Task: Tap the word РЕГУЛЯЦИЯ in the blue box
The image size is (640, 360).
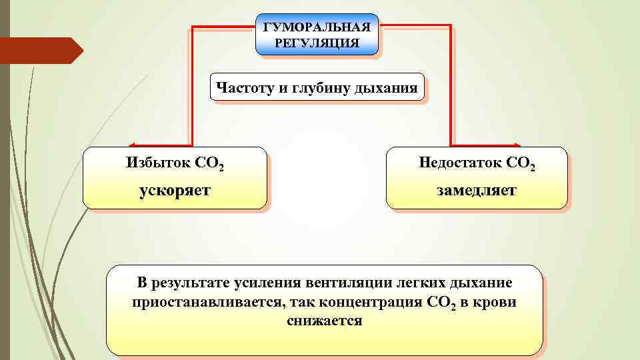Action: [x=317, y=43]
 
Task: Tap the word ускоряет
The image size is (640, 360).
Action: [x=175, y=191]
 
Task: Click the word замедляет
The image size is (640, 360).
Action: [x=477, y=191]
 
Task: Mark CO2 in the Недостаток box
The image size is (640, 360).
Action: [x=521, y=163]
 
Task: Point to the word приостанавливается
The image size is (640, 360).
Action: [x=207, y=302]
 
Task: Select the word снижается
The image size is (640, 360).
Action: [x=325, y=321]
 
